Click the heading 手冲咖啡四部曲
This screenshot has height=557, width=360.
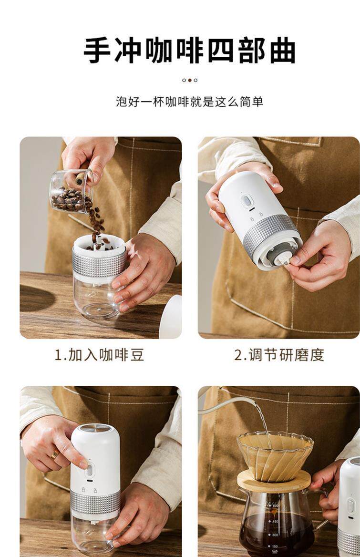[x=190, y=51]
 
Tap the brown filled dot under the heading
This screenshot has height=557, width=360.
[x=190, y=80]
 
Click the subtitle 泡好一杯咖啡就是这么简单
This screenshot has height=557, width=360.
[x=190, y=102]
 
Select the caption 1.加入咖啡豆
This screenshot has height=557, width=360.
[x=99, y=354]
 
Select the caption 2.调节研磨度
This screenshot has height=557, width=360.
[x=279, y=354]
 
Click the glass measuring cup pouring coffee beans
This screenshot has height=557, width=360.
[x=72, y=192]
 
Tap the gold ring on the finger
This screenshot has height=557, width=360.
[x=55, y=454]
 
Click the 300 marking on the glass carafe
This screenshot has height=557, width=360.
[x=275, y=535]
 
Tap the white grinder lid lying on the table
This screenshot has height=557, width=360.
[x=171, y=316]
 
